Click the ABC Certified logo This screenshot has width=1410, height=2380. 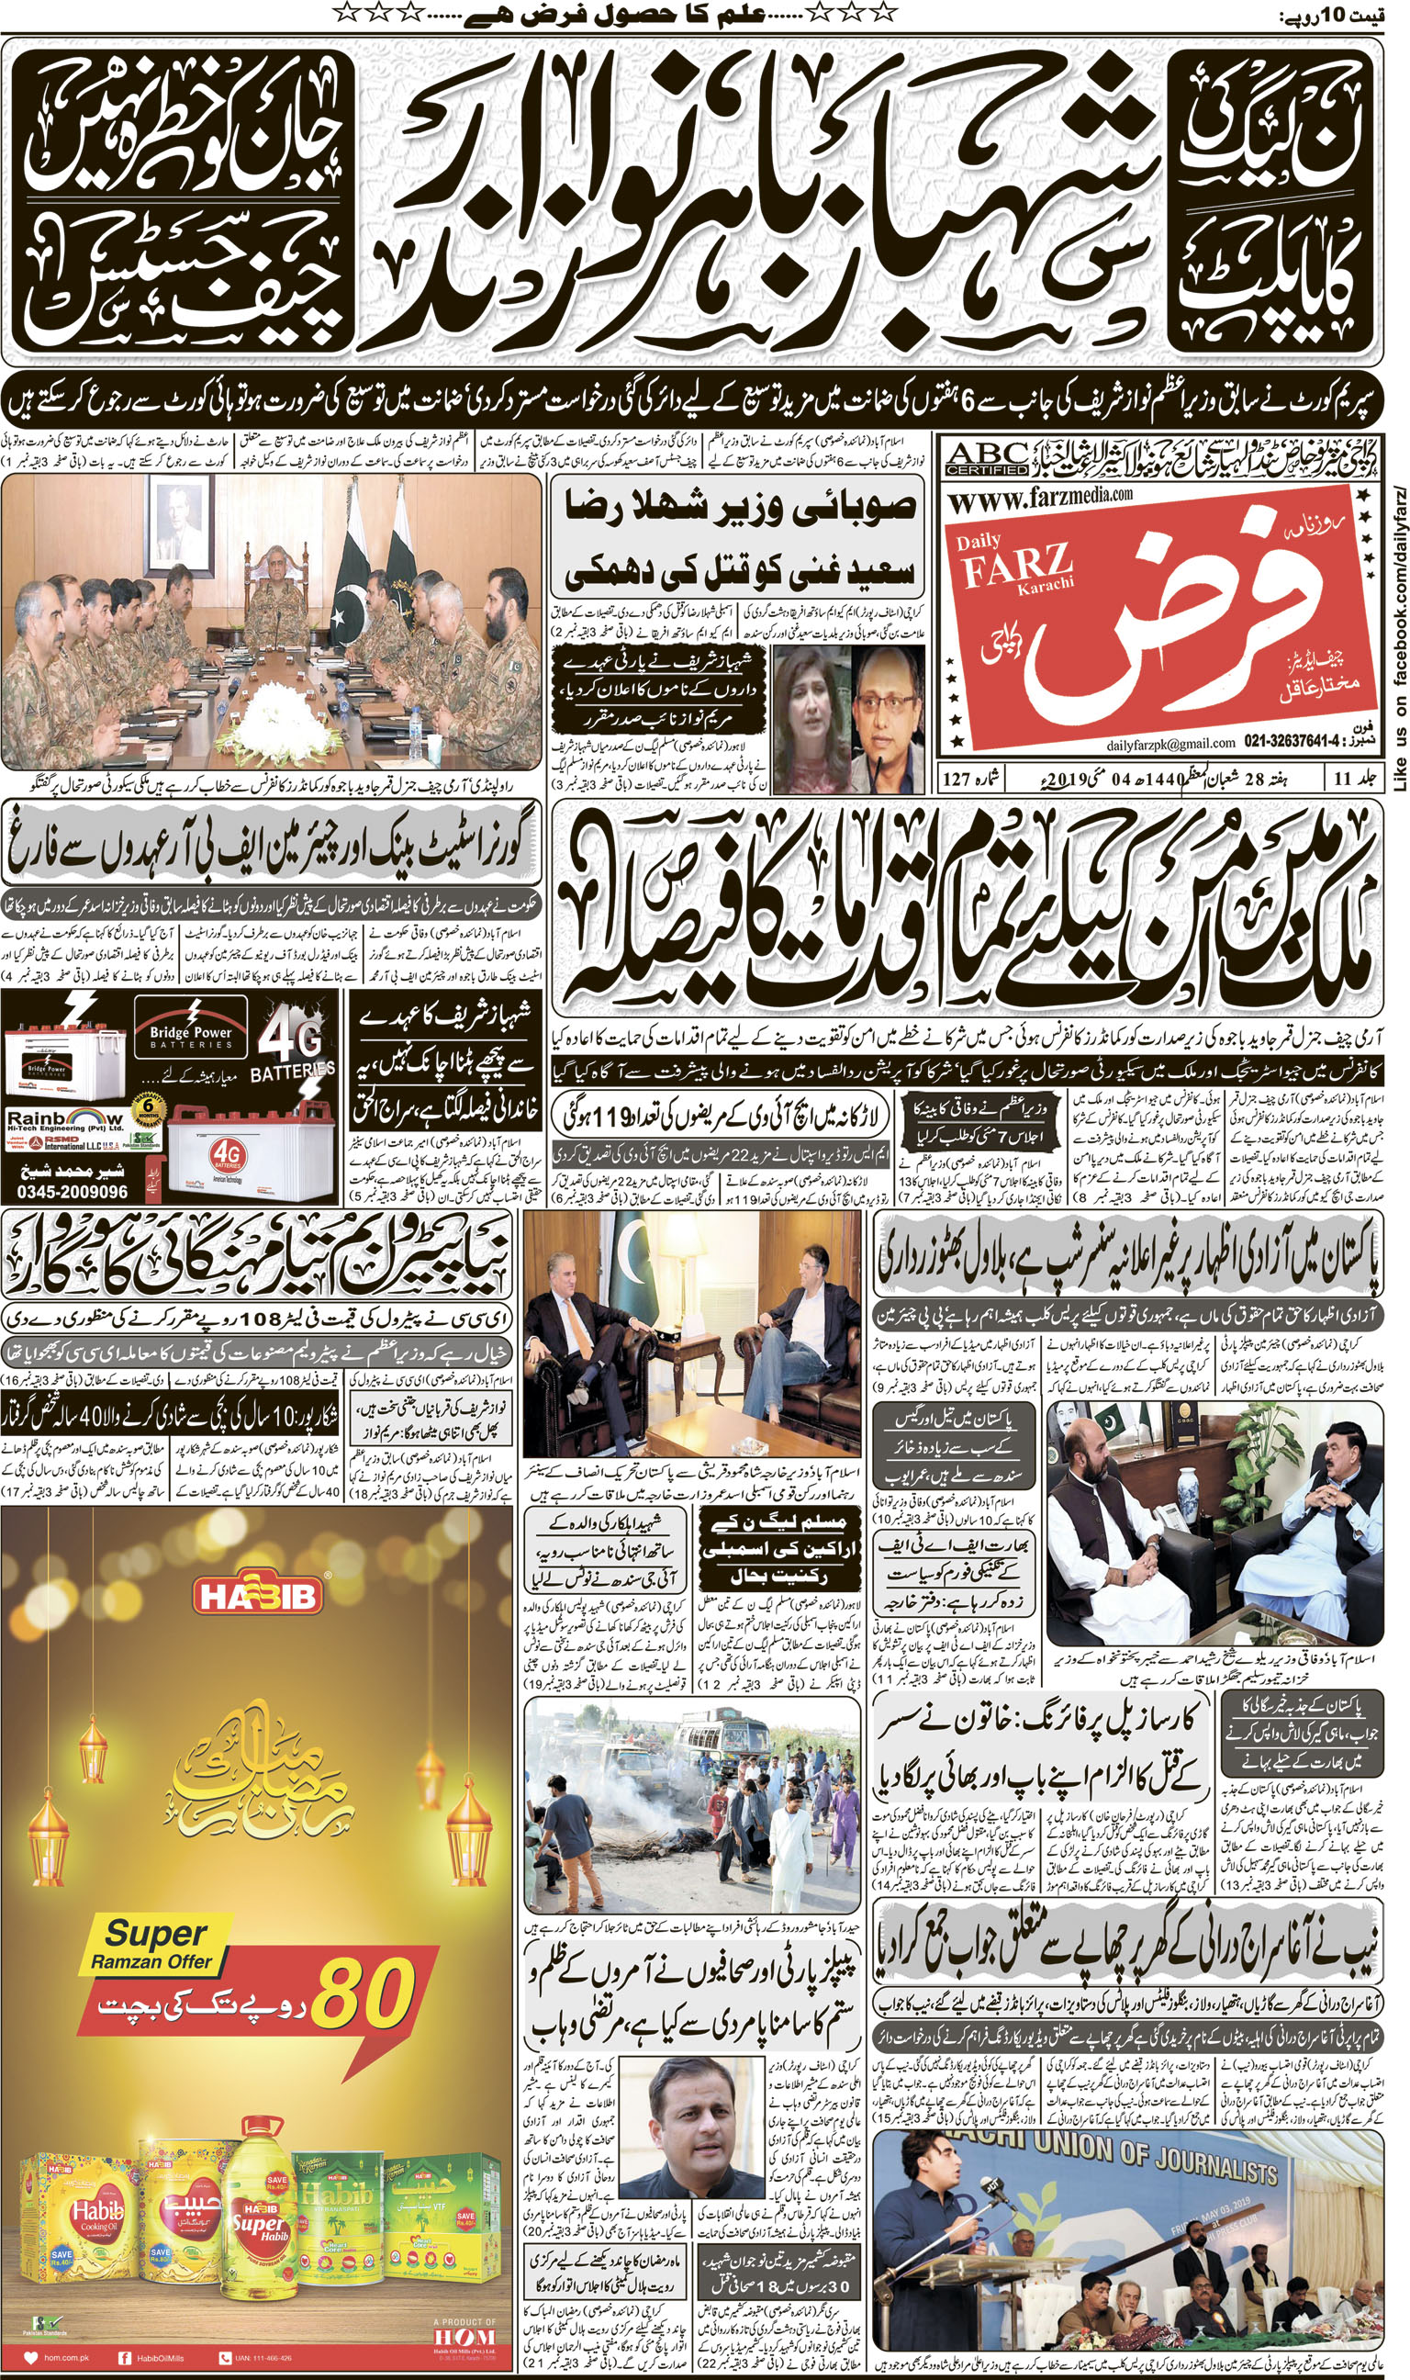(x=988, y=459)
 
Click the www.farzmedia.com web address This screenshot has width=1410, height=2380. (x=1040, y=498)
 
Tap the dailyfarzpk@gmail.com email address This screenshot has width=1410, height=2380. (x=1169, y=743)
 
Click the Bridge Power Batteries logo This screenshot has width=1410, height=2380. (x=190, y=1036)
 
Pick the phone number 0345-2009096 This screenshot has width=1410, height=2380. (x=73, y=1191)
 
